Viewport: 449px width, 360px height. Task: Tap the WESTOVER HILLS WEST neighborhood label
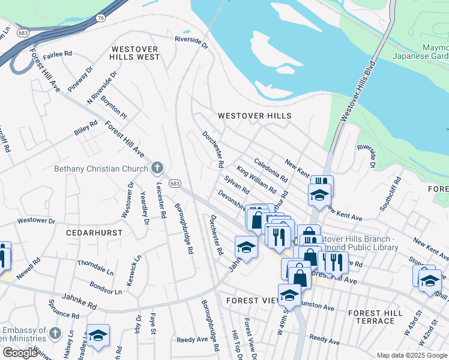[x=134, y=53]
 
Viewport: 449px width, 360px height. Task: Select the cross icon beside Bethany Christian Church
[x=157, y=167]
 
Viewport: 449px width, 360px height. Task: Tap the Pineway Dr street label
[x=80, y=79]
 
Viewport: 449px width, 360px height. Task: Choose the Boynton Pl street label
[x=114, y=106]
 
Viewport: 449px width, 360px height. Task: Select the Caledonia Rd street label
[x=271, y=170]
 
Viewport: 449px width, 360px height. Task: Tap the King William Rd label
[x=256, y=180]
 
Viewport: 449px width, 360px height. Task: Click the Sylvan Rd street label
[x=237, y=184]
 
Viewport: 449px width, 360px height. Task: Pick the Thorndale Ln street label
[x=95, y=267]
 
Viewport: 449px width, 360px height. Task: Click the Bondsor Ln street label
[x=105, y=287]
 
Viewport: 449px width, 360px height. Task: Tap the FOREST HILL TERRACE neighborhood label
[x=375, y=317]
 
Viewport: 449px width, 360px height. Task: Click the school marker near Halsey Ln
[x=98, y=336]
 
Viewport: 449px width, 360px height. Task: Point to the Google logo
[x=19, y=353]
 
